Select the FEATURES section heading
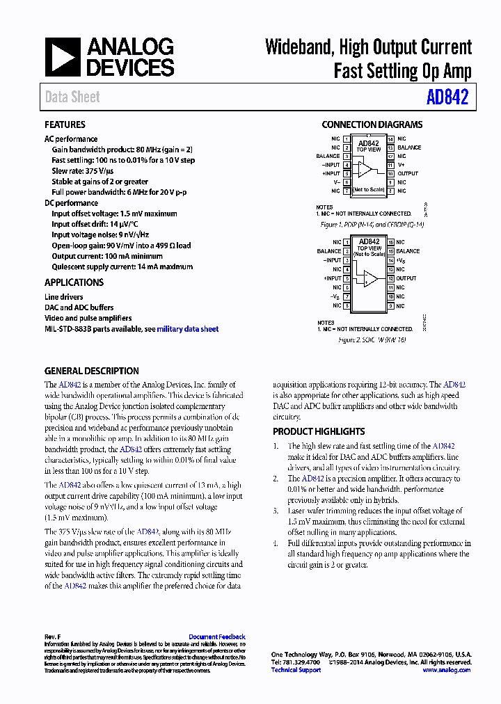[x=65, y=125]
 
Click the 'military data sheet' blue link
[x=188, y=329]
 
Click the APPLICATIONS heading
[x=74, y=282]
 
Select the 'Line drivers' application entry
[x=64, y=297]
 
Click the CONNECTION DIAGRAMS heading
[x=372, y=125]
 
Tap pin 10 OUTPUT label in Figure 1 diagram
[x=408, y=173]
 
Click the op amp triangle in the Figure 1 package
[x=365, y=169]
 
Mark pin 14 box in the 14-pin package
[x=390, y=139]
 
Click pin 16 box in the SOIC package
[x=390, y=242]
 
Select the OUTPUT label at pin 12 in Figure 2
[x=406, y=278]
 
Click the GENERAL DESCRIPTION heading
[x=92, y=371]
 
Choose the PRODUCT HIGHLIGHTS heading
[x=319, y=431]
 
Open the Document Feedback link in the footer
[x=217, y=637]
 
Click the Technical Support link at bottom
[x=296, y=670]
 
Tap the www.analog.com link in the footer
[x=446, y=670]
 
